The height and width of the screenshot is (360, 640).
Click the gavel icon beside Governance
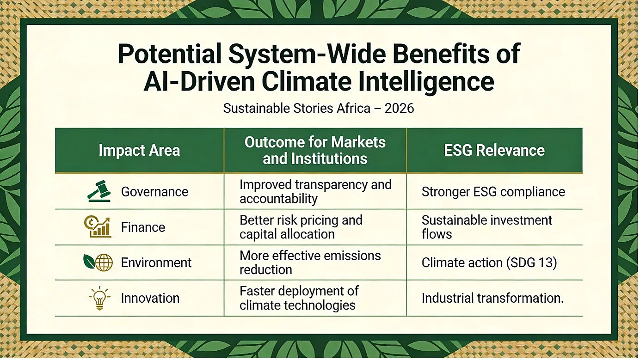coord(99,191)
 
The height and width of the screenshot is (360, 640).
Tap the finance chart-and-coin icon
coord(98,227)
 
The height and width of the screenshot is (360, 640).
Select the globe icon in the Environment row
coord(104,262)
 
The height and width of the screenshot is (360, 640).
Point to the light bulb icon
coord(99,298)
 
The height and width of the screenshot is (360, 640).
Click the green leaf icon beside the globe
coord(89,261)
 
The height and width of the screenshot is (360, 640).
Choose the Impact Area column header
coord(140,150)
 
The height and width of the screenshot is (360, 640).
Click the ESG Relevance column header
coord(494,150)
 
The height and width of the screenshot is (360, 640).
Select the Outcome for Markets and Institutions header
coord(315,151)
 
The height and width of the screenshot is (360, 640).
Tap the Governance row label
coord(154,192)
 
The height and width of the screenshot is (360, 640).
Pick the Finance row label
coord(143,227)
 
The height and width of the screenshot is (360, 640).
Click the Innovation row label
coord(150,298)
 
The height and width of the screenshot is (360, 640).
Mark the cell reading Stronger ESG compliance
coord(493,192)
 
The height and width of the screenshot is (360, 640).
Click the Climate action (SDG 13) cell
coord(489,262)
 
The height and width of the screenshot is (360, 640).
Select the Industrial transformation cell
coord(493,298)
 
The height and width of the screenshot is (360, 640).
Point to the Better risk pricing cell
coord(301,227)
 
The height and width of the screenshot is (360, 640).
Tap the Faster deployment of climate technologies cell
coord(299,298)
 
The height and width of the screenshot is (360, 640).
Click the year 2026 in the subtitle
coord(399,108)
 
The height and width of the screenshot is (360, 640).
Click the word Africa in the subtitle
coord(353,108)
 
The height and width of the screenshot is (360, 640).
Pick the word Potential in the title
coord(170,54)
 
